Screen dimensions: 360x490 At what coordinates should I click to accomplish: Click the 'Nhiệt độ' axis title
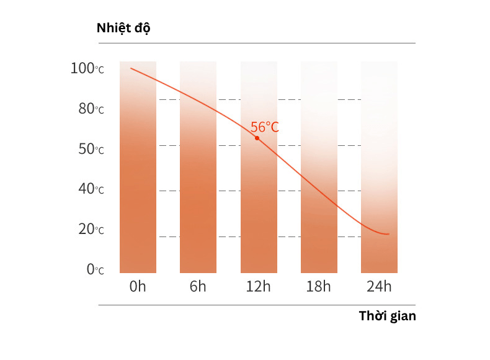(123, 29)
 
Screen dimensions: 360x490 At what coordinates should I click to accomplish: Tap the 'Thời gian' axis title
(387, 316)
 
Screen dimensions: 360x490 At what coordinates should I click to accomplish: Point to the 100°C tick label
(87, 68)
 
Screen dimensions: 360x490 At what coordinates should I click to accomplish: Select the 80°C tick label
(91, 109)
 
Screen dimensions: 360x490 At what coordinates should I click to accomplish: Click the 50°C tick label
(91, 150)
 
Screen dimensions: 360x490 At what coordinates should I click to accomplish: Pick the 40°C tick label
(91, 189)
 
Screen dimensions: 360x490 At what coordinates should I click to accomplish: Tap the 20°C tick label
(91, 230)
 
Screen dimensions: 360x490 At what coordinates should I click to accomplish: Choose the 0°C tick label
(94, 270)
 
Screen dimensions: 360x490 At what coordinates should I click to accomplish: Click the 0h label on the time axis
(138, 286)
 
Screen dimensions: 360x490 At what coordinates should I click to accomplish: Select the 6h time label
(198, 286)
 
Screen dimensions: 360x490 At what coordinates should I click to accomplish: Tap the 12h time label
(258, 286)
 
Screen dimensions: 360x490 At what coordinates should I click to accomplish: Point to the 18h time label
(319, 286)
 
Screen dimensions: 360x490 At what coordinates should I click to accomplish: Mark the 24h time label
(379, 286)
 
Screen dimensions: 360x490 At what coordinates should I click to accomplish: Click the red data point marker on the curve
(257, 138)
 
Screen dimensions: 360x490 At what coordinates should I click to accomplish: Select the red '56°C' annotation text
(265, 127)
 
